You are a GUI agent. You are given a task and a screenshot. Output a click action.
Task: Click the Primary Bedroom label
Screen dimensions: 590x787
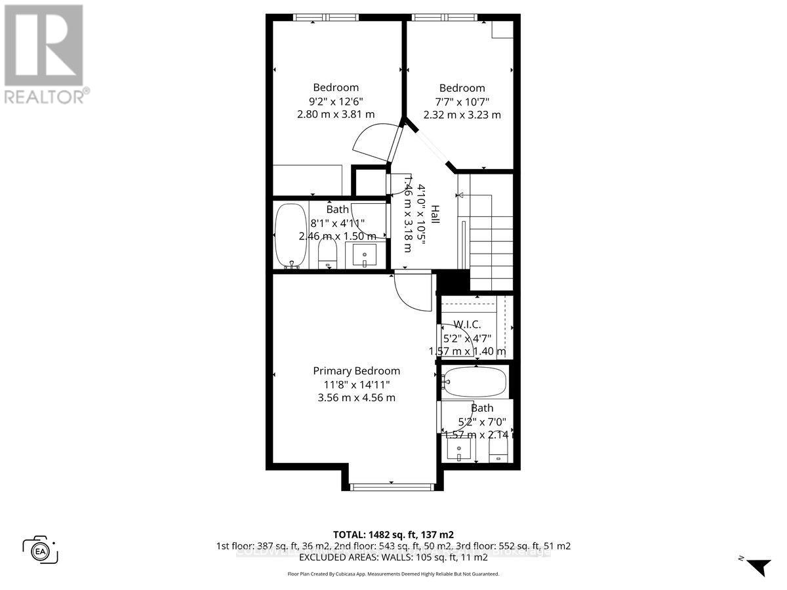[x=356, y=370]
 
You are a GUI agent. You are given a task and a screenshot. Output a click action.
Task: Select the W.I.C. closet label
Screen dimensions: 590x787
[x=468, y=324]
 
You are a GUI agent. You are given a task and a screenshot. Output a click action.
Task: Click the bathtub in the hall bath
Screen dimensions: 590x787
[x=289, y=236]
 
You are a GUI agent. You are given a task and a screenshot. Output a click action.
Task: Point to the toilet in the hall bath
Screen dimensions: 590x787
[x=327, y=252]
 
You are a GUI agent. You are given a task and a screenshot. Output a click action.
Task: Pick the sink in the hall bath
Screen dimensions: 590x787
[x=365, y=254]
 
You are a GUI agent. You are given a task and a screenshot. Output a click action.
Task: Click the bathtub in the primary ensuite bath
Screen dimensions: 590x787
[x=474, y=381]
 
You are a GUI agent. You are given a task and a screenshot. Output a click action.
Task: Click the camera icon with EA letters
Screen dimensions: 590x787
[x=40, y=549]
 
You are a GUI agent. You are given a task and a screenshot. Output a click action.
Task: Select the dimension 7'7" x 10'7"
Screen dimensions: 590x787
[x=462, y=101]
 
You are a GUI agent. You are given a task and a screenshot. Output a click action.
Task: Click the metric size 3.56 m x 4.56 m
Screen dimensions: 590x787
[x=356, y=397]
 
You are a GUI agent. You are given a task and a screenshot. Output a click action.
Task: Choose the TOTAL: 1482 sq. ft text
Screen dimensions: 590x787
[x=393, y=534]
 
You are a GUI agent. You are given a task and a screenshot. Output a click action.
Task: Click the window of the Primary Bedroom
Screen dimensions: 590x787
[x=392, y=486]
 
